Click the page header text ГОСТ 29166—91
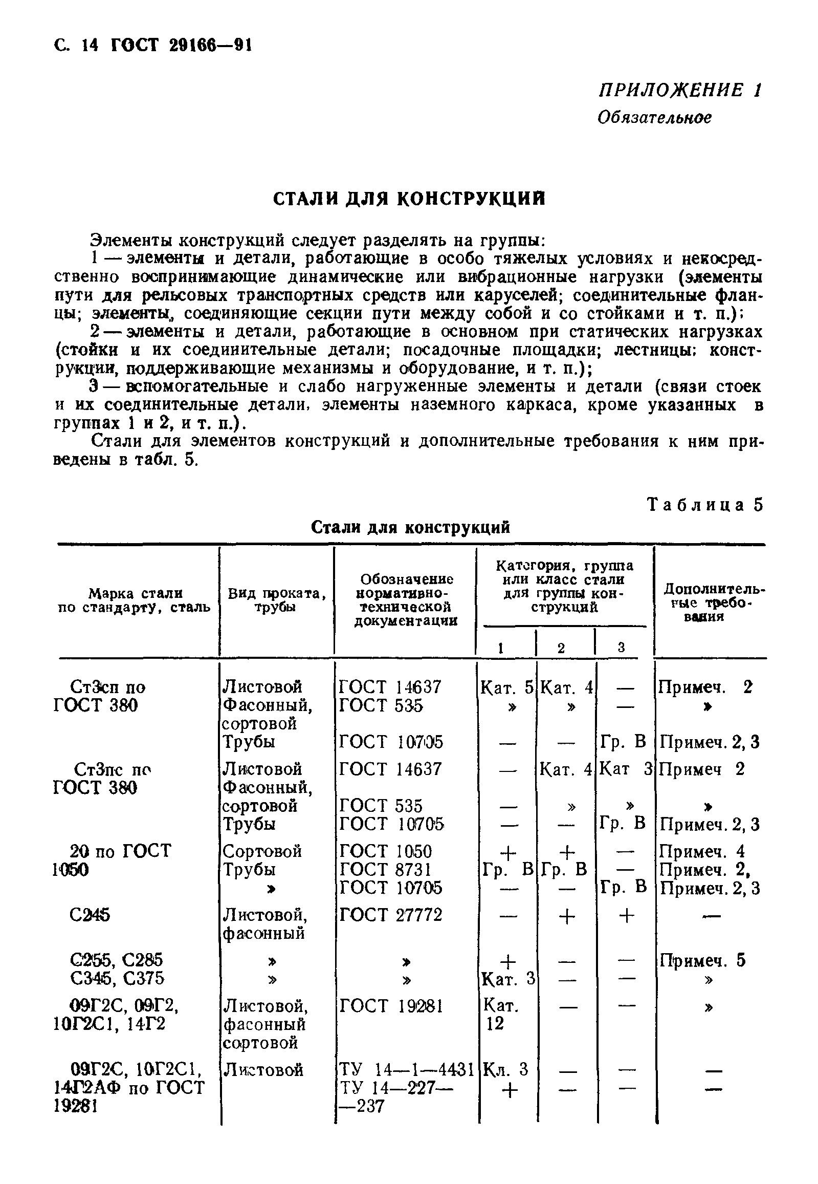pos(182,47)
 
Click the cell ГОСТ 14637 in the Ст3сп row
pos(390,687)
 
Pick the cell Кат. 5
pos(507,687)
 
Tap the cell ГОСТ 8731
pos(385,870)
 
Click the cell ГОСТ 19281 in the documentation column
pos(390,1006)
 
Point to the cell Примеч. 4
pos(702,852)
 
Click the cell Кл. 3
pos(505,1070)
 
